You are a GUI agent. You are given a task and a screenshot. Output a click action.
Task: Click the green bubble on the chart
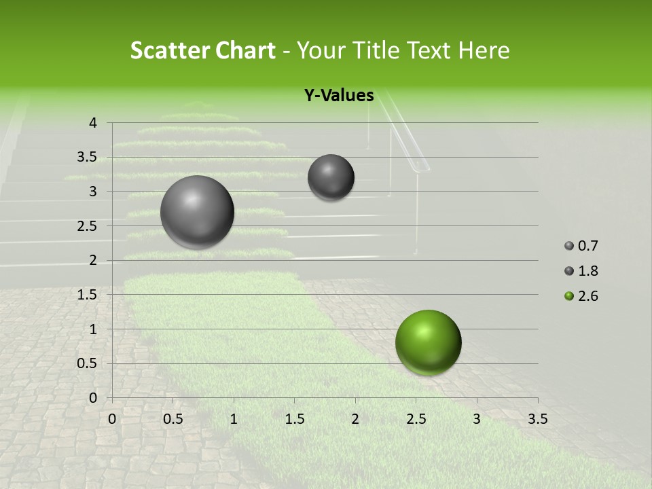click(x=428, y=342)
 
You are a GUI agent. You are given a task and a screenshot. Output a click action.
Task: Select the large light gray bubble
click(x=197, y=212)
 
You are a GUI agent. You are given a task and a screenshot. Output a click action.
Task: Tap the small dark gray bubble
click(x=331, y=177)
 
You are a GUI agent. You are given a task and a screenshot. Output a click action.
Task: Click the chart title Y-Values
click(x=339, y=96)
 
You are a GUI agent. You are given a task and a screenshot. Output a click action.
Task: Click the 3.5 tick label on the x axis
click(x=537, y=419)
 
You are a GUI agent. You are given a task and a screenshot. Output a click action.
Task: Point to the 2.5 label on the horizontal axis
click(x=416, y=419)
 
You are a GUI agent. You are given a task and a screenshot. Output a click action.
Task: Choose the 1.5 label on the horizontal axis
click(x=294, y=419)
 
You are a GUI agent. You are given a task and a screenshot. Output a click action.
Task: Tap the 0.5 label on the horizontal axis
click(x=173, y=419)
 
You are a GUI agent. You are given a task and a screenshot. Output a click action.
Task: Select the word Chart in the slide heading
click(x=244, y=50)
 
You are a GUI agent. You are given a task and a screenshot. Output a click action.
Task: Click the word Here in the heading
click(x=484, y=50)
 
